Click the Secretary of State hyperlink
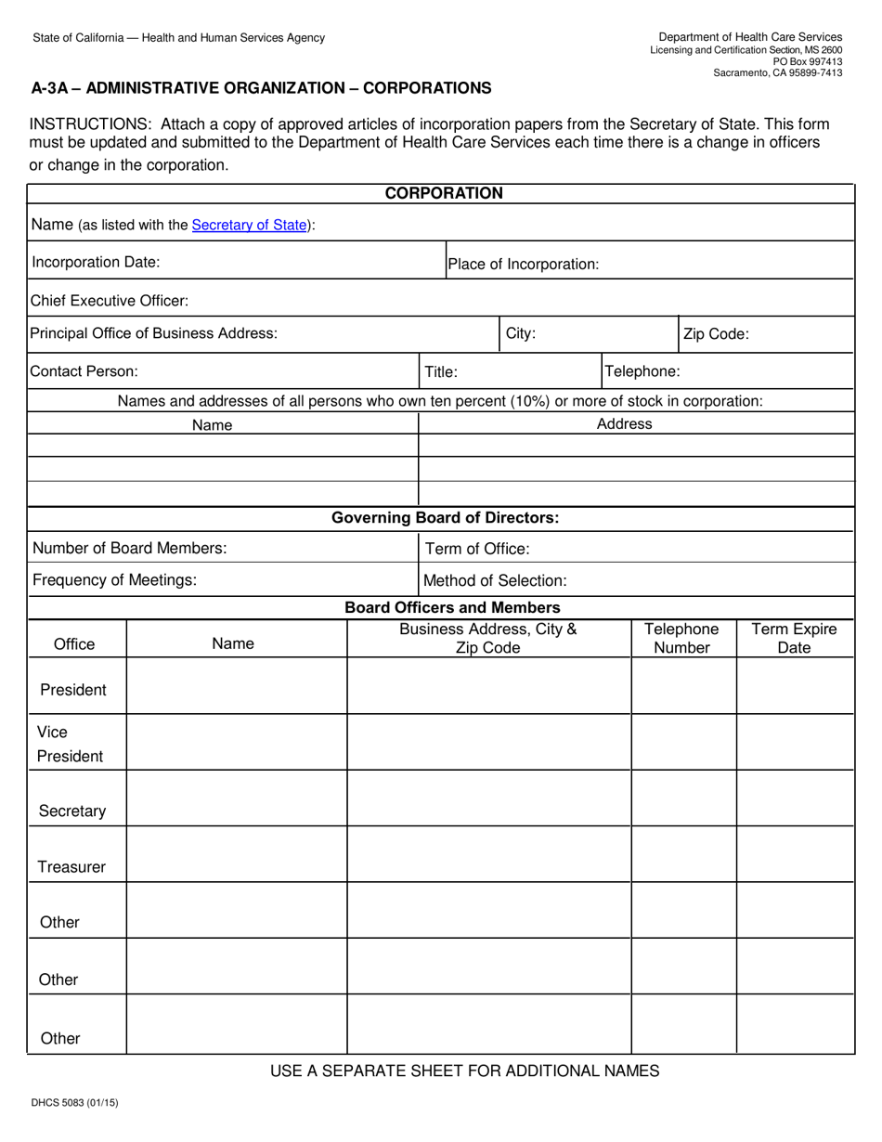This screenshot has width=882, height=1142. click(249, 225)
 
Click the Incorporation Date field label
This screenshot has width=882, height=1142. click(96, 262)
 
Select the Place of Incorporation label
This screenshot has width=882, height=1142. click(523, 265)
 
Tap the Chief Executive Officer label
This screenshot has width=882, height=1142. click(110, 301)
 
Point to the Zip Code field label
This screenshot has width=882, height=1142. click(716, 334)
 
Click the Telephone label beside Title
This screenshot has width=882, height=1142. click(642, 371)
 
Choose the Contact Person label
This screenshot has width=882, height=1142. click(84, 371)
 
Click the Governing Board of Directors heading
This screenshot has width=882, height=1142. click(446, 518)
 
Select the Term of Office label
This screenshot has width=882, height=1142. click(477, 549)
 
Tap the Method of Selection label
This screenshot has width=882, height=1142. click(495, 581)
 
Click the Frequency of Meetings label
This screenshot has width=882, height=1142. click(114, 580)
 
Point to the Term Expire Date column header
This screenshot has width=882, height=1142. click(794, 639)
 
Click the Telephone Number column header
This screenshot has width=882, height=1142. click(682, 639)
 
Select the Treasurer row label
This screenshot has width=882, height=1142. click(71, 867)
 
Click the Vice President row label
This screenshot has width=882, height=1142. click(70, 744)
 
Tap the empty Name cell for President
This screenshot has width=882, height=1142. click(236, 687)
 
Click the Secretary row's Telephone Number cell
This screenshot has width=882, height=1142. click(683, 798)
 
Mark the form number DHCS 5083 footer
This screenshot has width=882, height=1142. click(75, 1104)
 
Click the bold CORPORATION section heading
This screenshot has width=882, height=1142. click(444, 193)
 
